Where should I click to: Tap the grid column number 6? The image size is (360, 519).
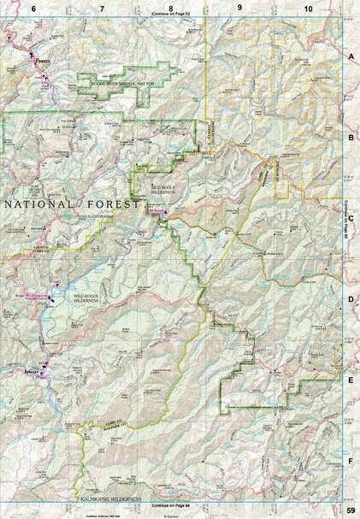tap(33, 7)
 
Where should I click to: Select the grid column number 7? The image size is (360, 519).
tap(102, 7)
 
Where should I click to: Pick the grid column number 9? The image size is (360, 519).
tap(239, 7)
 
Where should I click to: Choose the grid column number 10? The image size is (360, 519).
tap(307, 7)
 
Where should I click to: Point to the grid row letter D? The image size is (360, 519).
tap(350, 298)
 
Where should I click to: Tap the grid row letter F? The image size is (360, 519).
tap(350, 462)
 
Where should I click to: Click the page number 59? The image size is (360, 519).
tap(350, 511)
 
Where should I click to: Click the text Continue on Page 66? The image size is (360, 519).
tap(170, 505)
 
